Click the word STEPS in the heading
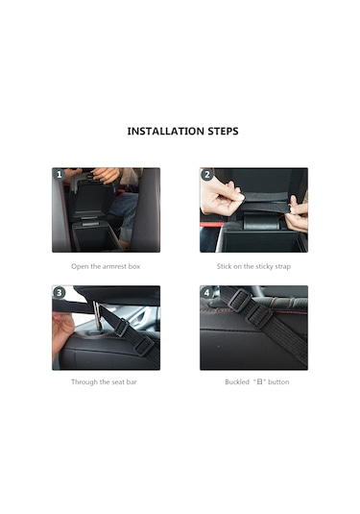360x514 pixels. pyautogui.click(x=223, y=131)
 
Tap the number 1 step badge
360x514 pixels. pyautogui.click(x=60, y=175)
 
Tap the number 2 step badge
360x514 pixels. pyautogui.click(x=207, y=175)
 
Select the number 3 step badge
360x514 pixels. pyautogui.click(x=59, y=292)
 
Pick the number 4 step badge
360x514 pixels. pyautogui.click(x=206, y=292)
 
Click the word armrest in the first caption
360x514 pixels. pyautogui.click(x=114, y=266)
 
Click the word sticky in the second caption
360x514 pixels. pyautogui.click(x=264, y=266)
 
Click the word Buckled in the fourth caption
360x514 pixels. pyautogui.click(x=237, y=381)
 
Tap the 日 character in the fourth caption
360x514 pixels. pyautogui.click(x=259, y=381)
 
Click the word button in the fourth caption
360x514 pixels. pyautogui.click(x=278, y=381)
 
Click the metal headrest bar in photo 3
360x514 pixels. pyautogui.click(x=96, y=316)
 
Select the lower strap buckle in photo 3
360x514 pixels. pyautogui.click(x=143, y=346)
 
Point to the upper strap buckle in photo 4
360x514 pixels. pyautogui.click(x=240, y=300)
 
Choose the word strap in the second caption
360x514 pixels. pyautogui.click(x=282, y=267)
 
